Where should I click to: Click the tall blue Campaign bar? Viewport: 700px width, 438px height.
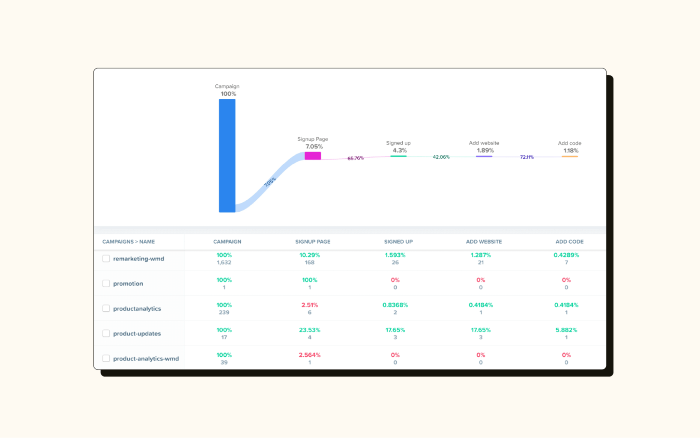pos(227,156)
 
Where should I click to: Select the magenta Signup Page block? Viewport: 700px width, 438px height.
pos(313,156)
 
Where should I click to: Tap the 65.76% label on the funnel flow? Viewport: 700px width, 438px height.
pos(355,158)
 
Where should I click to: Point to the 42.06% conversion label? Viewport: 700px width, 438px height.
pos(441,157)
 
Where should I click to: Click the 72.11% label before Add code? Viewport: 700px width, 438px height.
pos(526,157)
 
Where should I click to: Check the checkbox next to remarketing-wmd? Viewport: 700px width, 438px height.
pos(106,258)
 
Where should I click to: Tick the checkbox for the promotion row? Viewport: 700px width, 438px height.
pos(106,284)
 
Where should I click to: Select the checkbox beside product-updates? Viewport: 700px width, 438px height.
pos(106,333)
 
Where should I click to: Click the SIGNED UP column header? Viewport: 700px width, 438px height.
pos(398,242)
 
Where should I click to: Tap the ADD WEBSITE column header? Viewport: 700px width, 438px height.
pos(484,242)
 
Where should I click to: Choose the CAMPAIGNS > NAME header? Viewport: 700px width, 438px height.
pos(129,242)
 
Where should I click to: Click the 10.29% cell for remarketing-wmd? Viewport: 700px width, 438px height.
pos(309,255)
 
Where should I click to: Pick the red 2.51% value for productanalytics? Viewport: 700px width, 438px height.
pos(309,305)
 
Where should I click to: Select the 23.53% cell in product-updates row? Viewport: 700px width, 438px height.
pos(309,330)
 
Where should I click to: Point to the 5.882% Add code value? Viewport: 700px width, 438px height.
pos(566,330)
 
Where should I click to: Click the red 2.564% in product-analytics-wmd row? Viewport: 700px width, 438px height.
pos(309,355)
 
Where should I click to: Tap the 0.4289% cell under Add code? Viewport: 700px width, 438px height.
pos(566,255)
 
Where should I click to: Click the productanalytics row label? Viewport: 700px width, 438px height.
pos(137,308)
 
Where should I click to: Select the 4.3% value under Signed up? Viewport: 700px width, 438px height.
pos(399,151)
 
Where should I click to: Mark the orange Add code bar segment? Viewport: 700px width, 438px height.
pos(570,157)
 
